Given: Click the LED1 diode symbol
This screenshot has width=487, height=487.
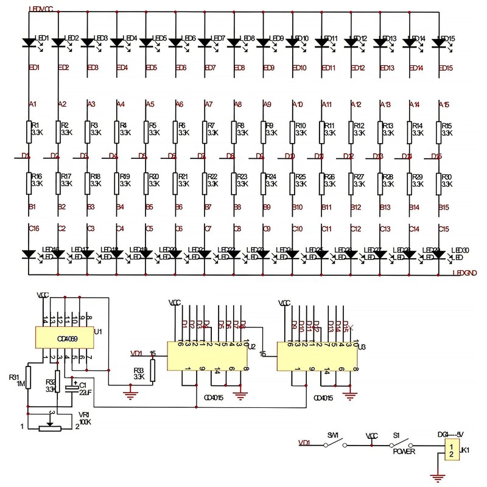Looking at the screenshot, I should point(29,43).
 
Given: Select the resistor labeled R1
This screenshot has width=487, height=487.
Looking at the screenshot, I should point(29,130).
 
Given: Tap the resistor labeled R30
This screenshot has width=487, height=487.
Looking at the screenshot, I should point(438,181).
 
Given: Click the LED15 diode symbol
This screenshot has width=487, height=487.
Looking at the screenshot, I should point(438,43).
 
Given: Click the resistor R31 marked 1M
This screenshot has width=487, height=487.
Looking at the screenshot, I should point(27,380).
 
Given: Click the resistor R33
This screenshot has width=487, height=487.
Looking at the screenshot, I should point(152,370).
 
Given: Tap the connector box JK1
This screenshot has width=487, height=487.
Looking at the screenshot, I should point(450,451).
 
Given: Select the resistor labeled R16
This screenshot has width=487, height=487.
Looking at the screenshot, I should point(29,181).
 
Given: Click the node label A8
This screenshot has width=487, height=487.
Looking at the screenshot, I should point(238,105).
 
